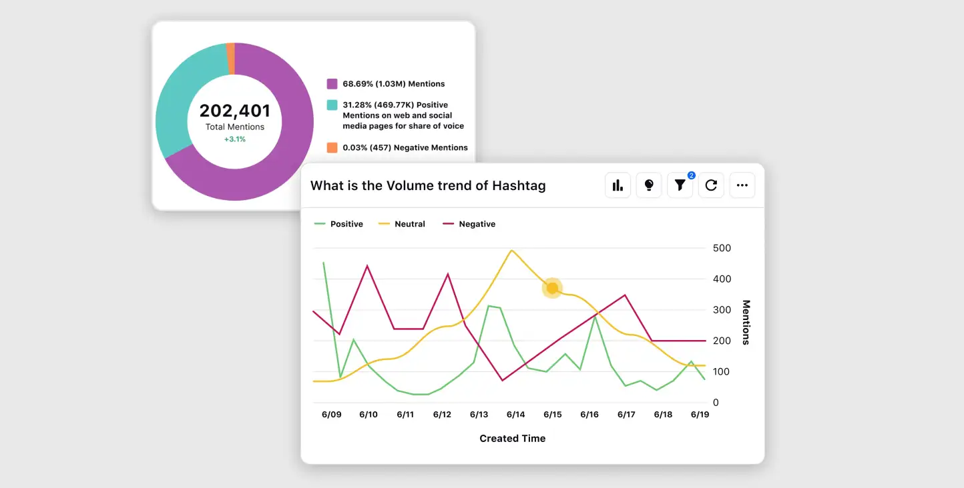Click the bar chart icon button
[x=618, y=185]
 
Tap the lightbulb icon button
[x=649, y=185]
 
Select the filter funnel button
[x=680, y=185]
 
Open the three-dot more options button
[x=742, y=185]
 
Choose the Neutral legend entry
[x=403, y=224]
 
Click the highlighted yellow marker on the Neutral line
[x=552, y=288]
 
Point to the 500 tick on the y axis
[x=722, y=248]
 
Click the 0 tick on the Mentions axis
[x=716, y=403]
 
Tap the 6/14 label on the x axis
[x=515, y=415]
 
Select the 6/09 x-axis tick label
[x=332, y=415]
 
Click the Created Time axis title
[x=512, y=439]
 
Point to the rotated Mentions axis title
[x=746, y=323]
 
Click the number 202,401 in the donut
[x=234, y=111]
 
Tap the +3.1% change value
[x=234, y=139]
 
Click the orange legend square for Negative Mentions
[x=332, y=148]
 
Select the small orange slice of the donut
[x=230, y=49]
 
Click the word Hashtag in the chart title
[x=519, y=186]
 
